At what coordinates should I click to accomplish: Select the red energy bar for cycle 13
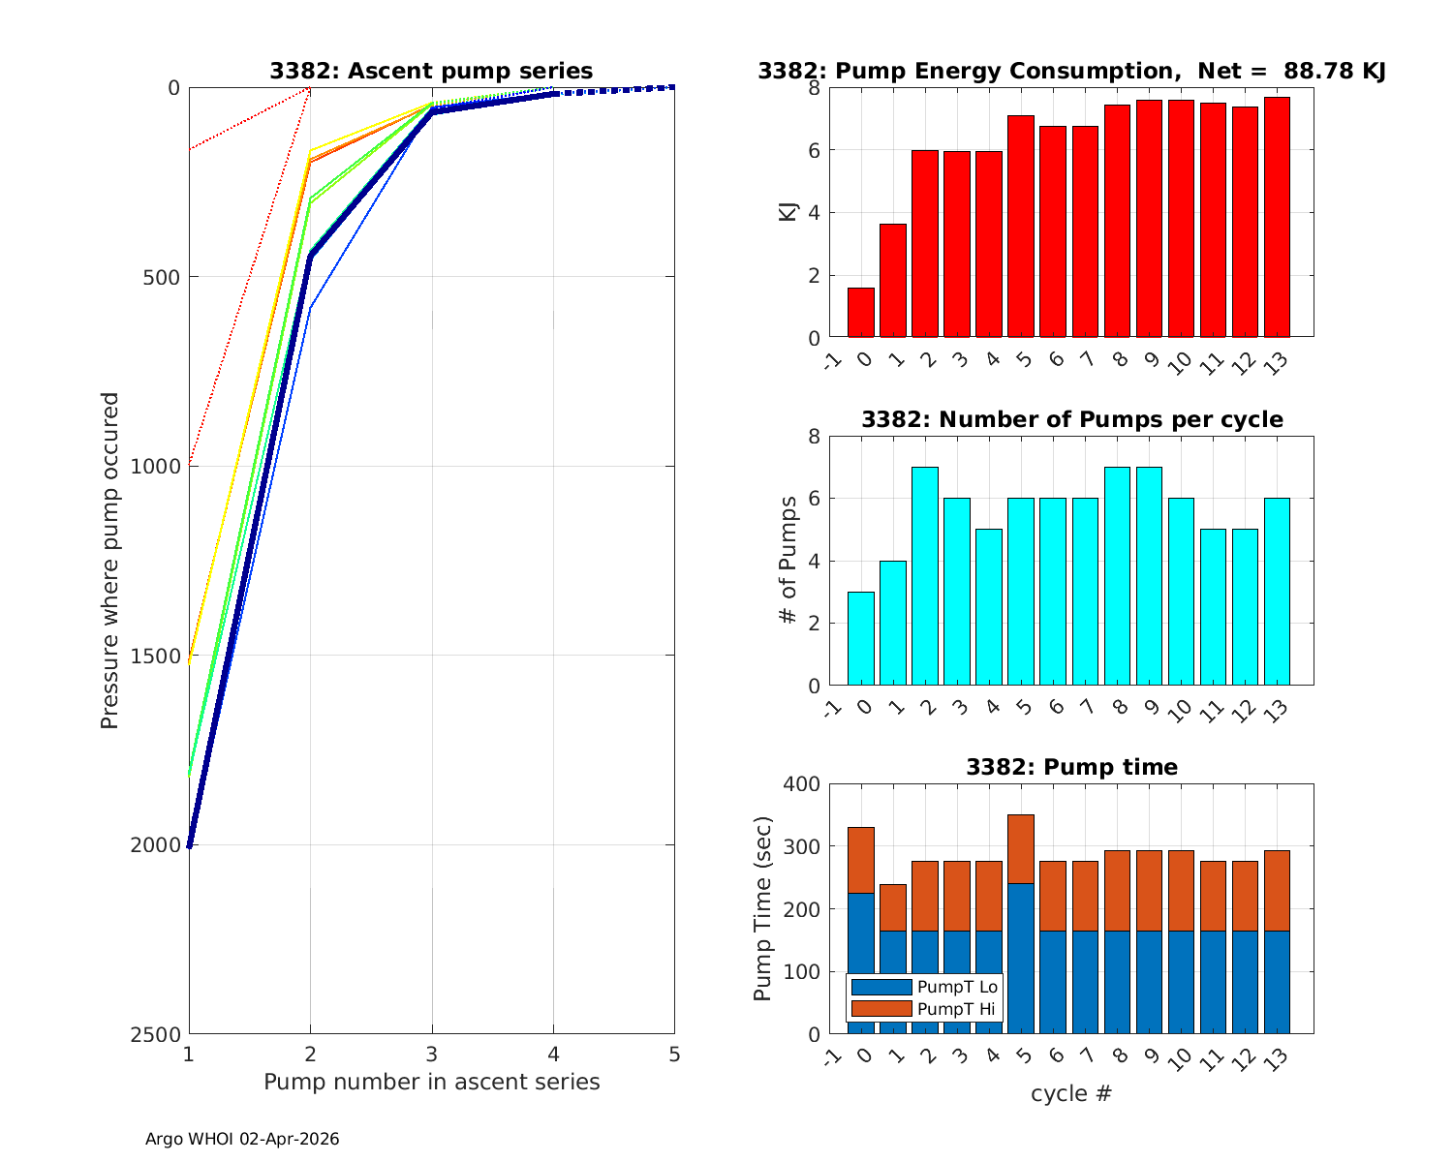(x=1277, y=218)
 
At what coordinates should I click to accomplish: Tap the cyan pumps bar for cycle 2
(x=925, y=576)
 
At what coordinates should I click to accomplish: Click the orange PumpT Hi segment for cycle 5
(x=1021, y=849)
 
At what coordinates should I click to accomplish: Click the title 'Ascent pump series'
(x=431, y=71)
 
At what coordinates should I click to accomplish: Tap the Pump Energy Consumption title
(x=1071, y=71)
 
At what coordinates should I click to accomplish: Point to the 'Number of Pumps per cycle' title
(x=1071, y=419)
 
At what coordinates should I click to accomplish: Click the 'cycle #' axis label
(x=1071, y=1094)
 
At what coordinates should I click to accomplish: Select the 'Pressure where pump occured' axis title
(x=110, y=561)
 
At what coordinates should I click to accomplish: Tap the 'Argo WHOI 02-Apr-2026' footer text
(x=242, y=1140)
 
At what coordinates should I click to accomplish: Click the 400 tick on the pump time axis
(x=800, y=784)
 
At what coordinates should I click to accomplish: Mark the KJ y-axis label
(x=788, y=212)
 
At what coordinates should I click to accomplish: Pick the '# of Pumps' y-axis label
(x=788, y=561)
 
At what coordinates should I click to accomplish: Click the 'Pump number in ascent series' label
(x=432, y=1082)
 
